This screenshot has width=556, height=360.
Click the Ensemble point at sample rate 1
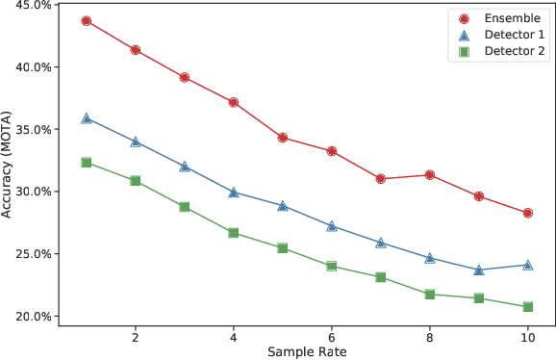[87, 20]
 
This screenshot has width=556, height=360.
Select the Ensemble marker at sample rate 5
[283, 138]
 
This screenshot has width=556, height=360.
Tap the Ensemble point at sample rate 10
[528, 213]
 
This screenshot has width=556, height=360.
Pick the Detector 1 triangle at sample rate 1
[87, 118]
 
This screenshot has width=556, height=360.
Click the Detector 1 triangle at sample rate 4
[234, 192]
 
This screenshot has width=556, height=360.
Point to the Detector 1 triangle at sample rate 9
[479, 270]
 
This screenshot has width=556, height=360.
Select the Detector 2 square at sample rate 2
[136, 181]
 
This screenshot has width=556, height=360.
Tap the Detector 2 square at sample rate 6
[332, 266]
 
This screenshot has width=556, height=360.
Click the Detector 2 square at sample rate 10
[528, 307]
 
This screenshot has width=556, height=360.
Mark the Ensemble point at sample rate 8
[430, 175]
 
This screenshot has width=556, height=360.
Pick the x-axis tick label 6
[332, 338]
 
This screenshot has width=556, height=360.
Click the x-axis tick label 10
[528, 338]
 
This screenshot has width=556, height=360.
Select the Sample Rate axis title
[307, 352]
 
